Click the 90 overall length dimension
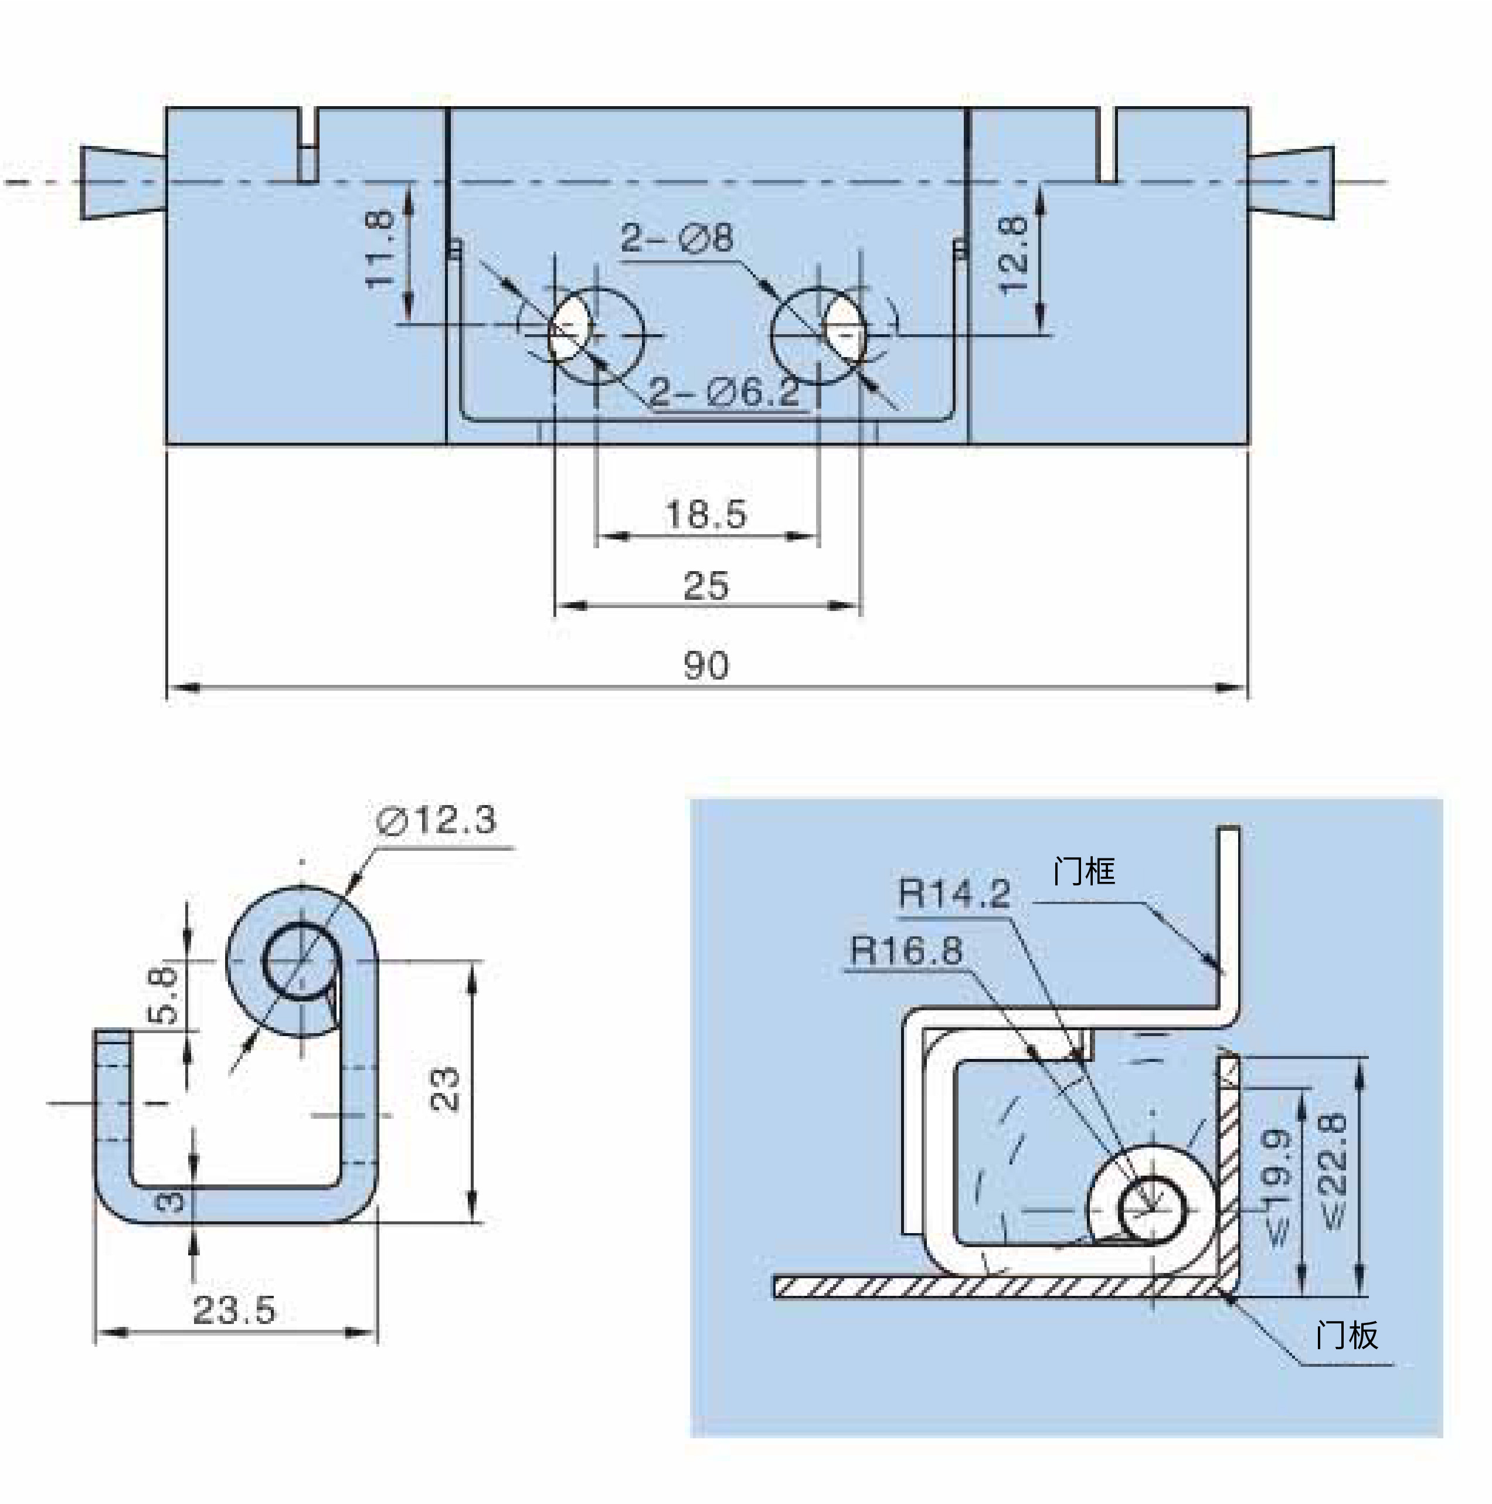(x=706, y=666)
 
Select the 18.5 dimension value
(x=706, y=515)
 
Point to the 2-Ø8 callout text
(x=677, y=237)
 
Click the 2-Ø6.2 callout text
(x=725, y=392)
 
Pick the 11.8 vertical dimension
(x=380, y=249)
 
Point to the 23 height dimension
(x=444, y=1089)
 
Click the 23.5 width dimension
(x=234, y=1310)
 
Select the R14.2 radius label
(x=954, y=893)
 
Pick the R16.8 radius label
(x=907, y=950)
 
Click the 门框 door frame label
(x=1084, y=871)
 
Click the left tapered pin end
(x=123, y=182)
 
